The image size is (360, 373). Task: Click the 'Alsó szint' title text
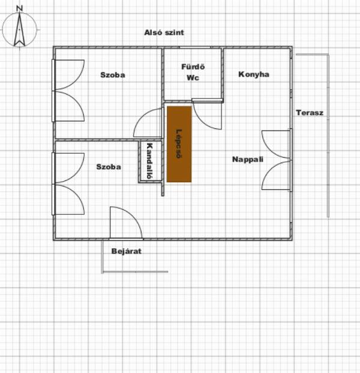(x=164, y=32)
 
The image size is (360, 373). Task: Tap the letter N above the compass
(x=20, y=8)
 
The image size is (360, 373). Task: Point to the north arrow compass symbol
(x=20, y=29)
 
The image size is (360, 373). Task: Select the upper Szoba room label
(x=113, y=75)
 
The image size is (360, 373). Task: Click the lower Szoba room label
(x=109, y=167)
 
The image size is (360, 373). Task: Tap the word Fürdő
(x=193, y=67)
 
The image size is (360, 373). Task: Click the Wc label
(x=193, y=78)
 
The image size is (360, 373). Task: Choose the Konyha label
(x=254, y=74)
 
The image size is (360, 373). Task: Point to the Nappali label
(x=248, y=159)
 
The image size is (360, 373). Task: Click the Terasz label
(x=310, y=113)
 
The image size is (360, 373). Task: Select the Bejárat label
(x=127, y=251)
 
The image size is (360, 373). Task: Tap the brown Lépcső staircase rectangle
(x=179, y=144)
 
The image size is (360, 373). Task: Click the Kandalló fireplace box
(x=151, y=161)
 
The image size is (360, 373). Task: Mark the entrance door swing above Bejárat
(x=126, y=222)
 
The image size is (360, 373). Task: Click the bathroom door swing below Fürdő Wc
(x=207, y=115)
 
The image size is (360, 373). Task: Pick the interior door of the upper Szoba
(x=148, y=123)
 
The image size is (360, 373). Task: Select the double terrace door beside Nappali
(x=277, y=160)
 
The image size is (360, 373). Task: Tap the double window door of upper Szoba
(x=68, y=91)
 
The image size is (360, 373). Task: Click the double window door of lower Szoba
(x=68, y=184)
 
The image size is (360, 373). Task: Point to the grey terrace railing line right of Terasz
(x=328, y=136)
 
